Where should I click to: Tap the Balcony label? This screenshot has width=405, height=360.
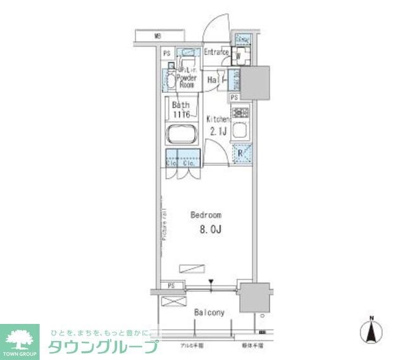[x=209, y=313]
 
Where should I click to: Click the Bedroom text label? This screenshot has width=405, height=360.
[x=206, y=215]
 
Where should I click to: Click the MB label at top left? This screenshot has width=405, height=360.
[x=157, y=36]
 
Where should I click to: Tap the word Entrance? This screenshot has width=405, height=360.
[x=216, y=52]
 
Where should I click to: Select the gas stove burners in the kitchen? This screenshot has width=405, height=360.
[x=240, y=113]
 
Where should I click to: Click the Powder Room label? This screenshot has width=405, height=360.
[x=186, y=80]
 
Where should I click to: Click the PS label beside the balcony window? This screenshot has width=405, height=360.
[x=171, y=287]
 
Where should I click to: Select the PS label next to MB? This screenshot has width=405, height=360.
[x=166, y=54]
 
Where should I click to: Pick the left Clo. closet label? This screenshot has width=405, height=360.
[x=171, y=164]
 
